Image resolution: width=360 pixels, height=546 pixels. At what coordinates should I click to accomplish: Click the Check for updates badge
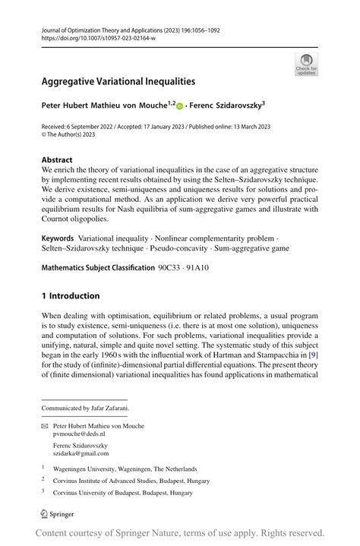click(306, 64)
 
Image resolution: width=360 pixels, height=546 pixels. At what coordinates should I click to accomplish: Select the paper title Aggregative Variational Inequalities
click(118, 80)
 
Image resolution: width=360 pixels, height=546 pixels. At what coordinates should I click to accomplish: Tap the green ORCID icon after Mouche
click(180, 106)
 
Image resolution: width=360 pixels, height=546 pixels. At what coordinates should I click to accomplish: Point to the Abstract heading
click(57, 160)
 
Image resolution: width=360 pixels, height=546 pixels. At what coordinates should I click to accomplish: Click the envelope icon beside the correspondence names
click(45, 427)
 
